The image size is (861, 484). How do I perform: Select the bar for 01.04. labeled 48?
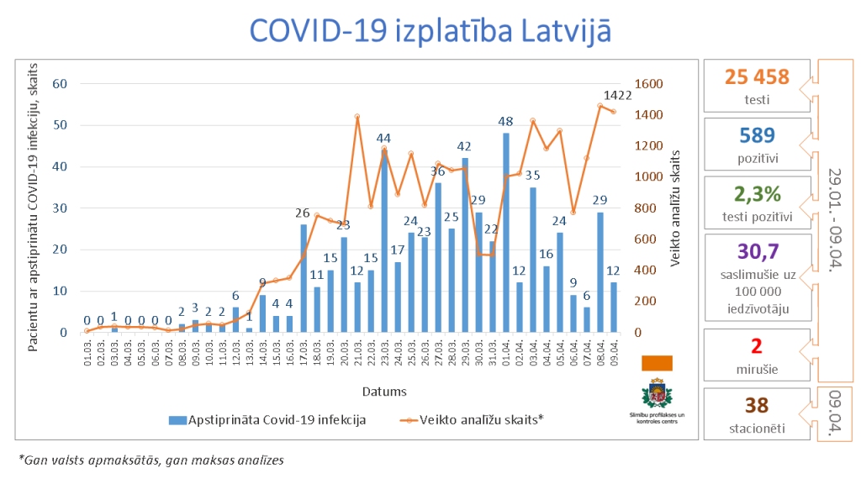coord(506,235)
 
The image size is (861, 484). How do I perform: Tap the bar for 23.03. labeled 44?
coord(384,244)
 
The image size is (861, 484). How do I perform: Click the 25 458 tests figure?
coord(757,77)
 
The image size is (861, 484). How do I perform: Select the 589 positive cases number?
coord(757,135)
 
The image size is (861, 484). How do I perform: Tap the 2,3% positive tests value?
coord(757,194)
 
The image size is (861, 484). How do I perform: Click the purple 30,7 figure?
coord(757,251)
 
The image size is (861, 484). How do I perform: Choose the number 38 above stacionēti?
coord(757,406)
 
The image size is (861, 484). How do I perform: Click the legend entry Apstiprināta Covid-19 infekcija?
coord(267,419)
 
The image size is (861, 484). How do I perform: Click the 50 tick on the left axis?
coord(60,125)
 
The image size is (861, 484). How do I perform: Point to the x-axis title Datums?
coord(385,391)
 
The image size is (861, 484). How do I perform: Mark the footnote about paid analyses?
coord(151,460)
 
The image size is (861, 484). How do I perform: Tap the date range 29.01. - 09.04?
coord(835,214)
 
